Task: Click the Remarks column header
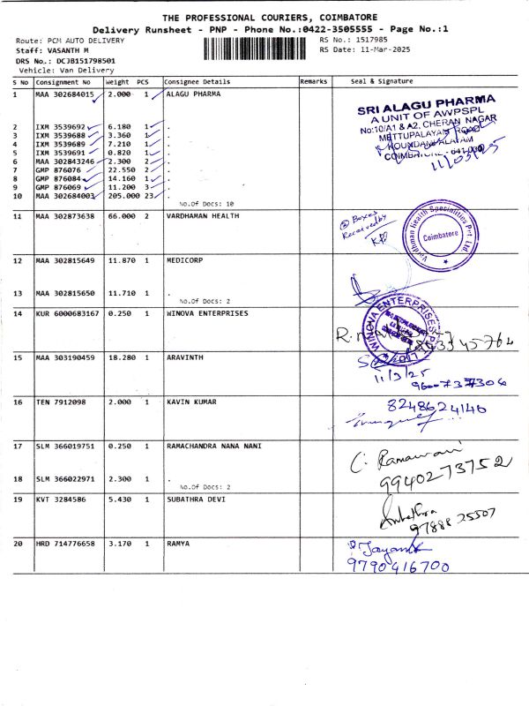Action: [x=313, y=81]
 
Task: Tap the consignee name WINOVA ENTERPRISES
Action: [x=207, y=313]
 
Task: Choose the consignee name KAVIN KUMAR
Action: [x=190, y=402]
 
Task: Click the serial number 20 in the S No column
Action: [x=17, y=544]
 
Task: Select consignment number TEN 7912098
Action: [x=60, y=402]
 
